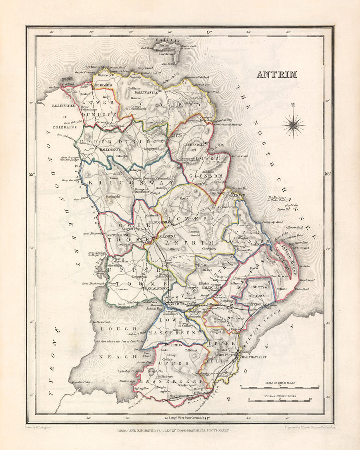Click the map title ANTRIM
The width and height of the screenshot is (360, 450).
point(277,74)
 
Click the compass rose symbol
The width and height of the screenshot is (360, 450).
point(293,125)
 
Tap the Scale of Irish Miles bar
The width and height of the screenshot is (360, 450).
point(280,387)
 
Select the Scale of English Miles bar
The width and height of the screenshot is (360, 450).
point(280,400)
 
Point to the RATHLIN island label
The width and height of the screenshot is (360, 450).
point(171,41)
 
